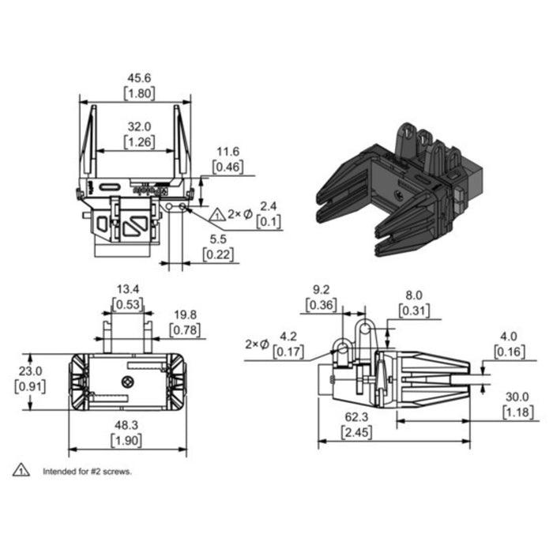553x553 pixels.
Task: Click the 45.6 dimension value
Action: coord(140,78)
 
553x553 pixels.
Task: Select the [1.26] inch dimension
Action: coord(140,142)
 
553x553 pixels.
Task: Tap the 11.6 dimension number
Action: coord(228,151)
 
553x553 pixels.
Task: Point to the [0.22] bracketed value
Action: coord(218,254)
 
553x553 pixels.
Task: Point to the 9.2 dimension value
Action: coord(322,289)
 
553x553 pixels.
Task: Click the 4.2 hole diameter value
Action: coord(288,336)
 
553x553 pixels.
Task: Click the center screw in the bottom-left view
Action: coord(126,382)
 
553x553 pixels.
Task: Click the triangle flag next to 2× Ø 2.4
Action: coord(217,213)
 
